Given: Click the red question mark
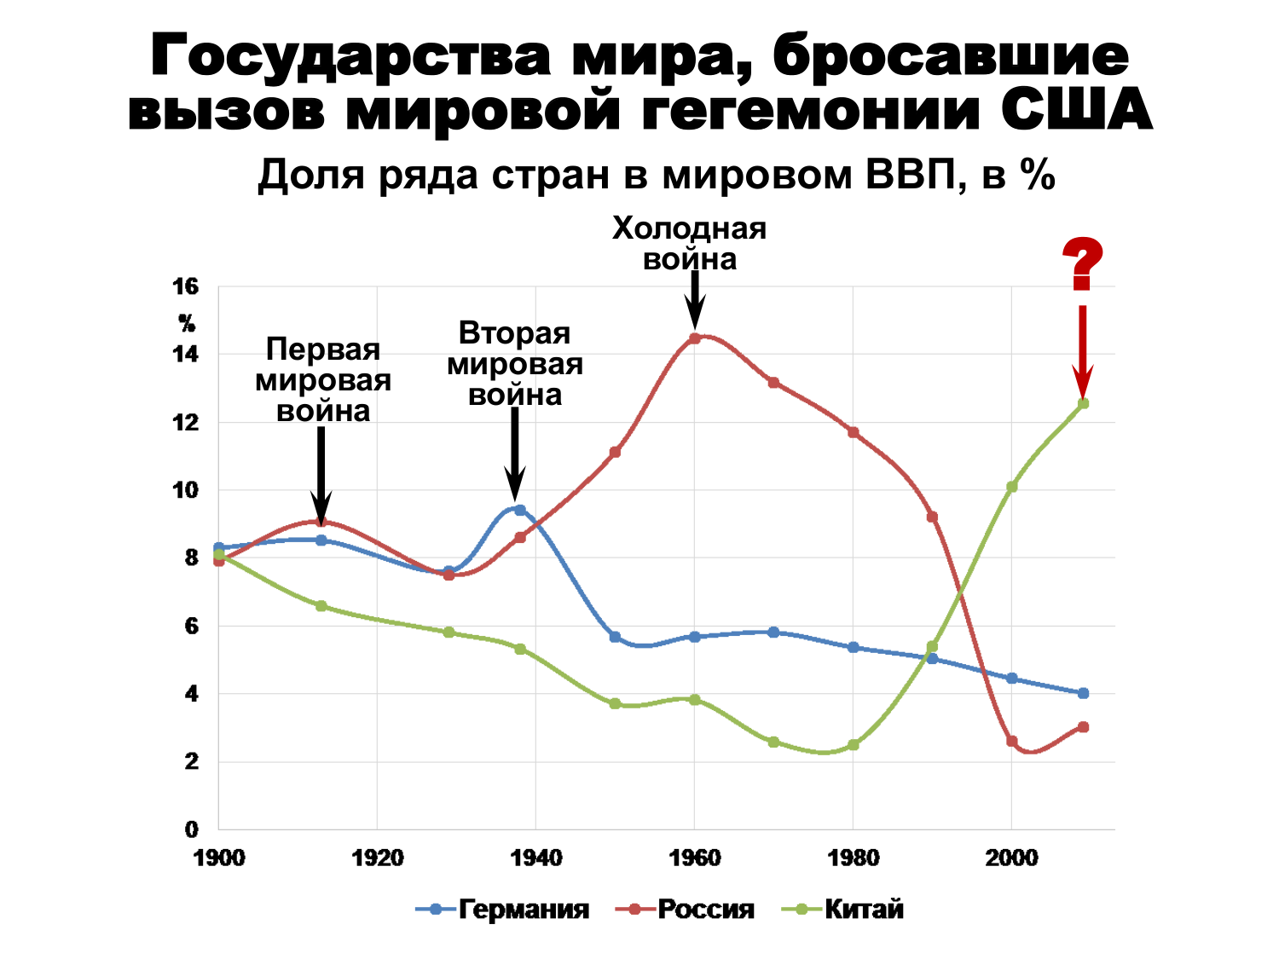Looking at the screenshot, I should (1082, 265).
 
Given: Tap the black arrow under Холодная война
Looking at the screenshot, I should (695, 298).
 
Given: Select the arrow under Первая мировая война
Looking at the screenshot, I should (321, 473).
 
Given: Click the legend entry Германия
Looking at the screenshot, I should (503, 909).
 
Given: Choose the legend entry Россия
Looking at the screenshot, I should (686, 909).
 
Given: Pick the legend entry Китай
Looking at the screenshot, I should (843, 909).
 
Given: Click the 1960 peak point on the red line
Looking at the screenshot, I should (695, 338).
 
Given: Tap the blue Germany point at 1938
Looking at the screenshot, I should (520, 510).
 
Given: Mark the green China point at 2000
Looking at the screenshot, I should (1011, 487).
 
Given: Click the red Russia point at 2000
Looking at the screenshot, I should (1011, 742).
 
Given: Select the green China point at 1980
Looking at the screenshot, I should (853, 745).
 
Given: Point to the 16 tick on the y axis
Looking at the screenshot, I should (186, 286).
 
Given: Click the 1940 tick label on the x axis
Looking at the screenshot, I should (535, 858).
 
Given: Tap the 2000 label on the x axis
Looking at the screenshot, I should (1011, 858).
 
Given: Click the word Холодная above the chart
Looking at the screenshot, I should (689, 228).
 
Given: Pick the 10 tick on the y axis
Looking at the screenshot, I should (186, 490).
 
